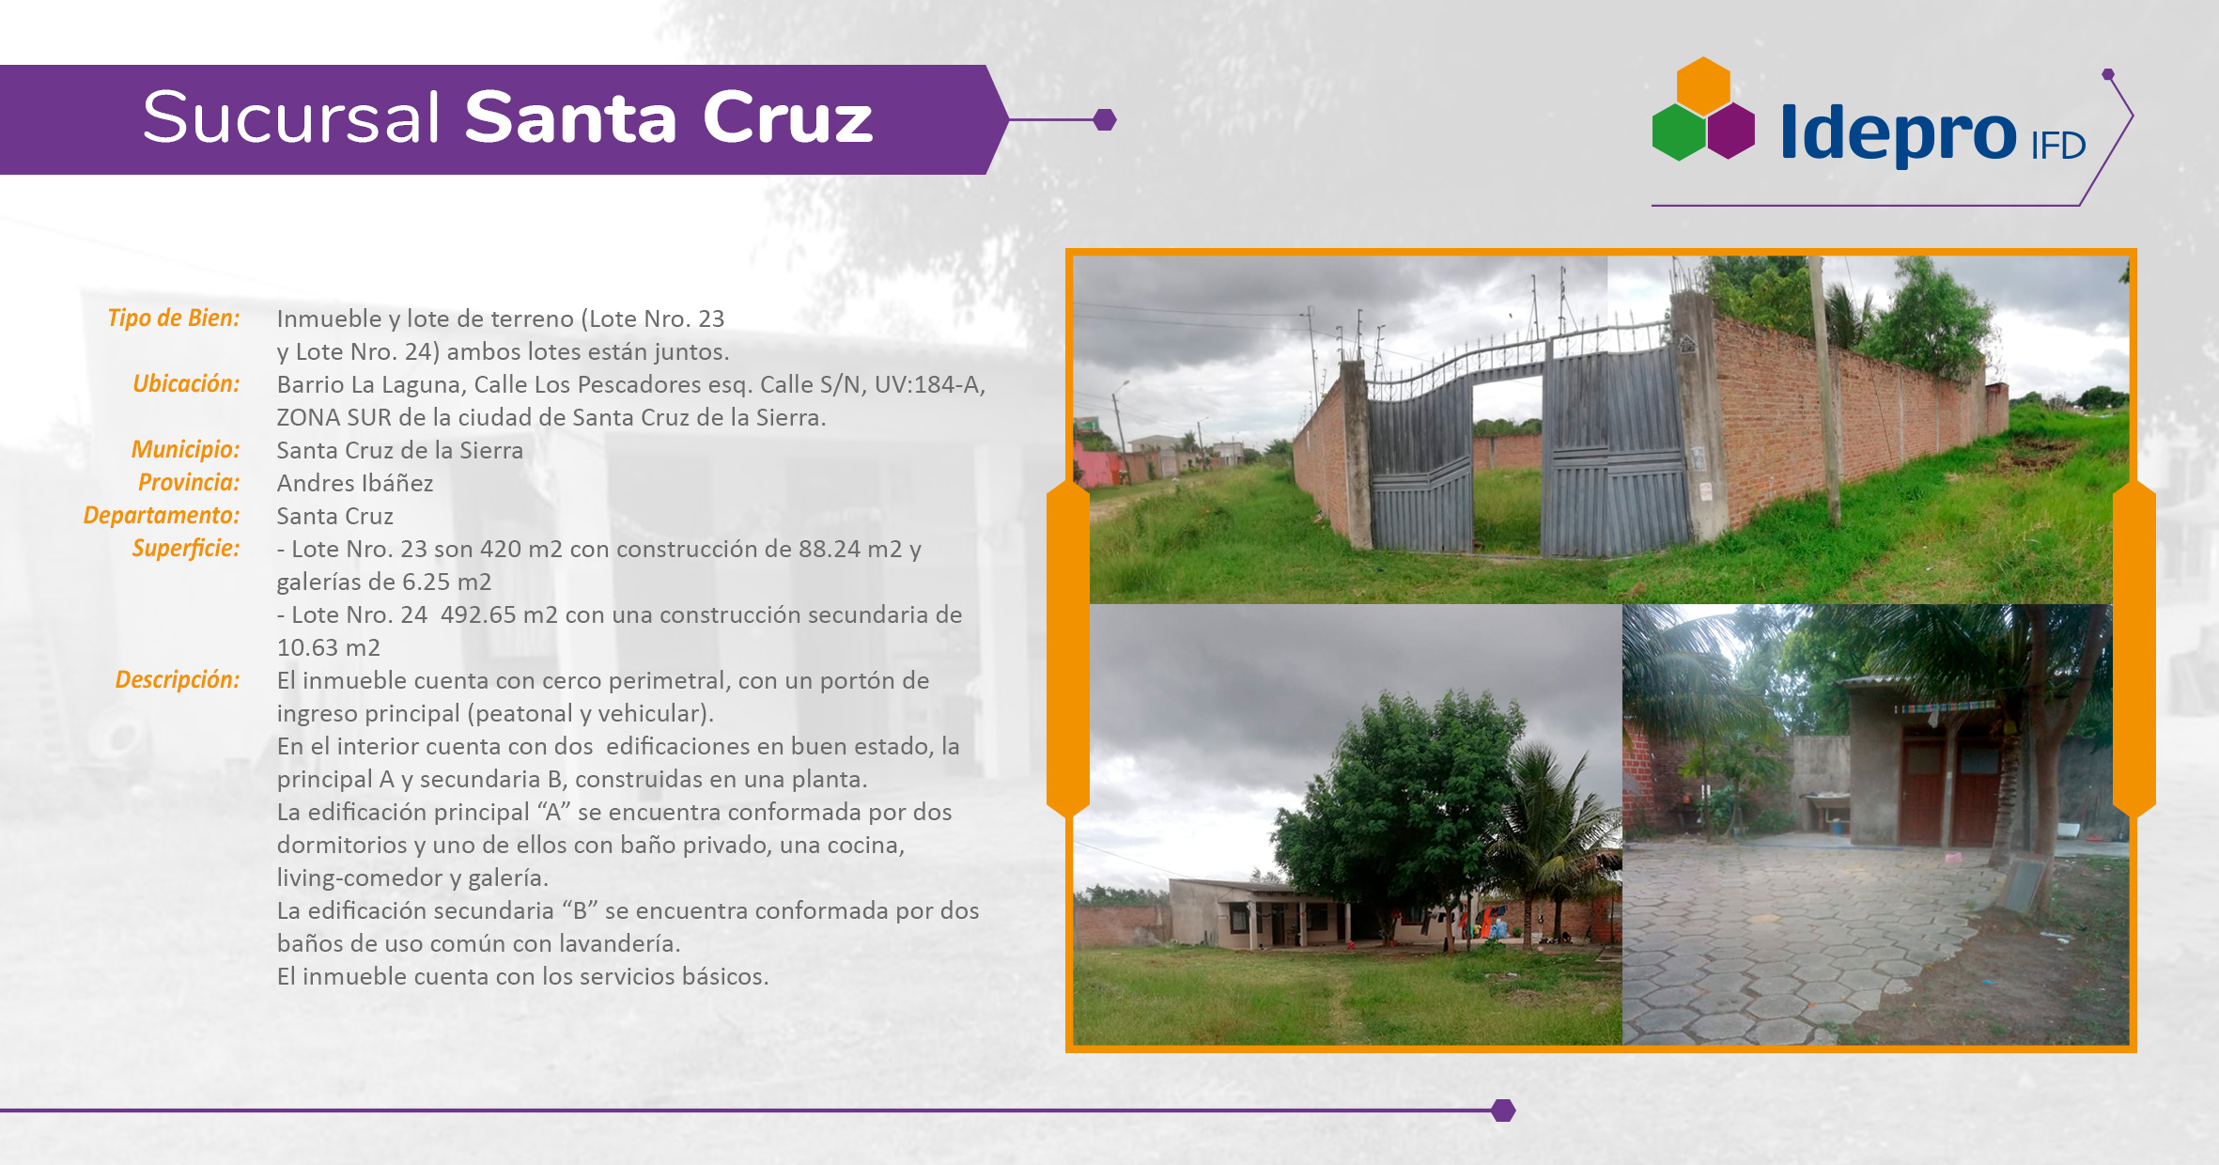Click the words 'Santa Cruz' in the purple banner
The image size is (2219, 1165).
click(669, 117)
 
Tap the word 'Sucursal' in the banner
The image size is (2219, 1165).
click(291, 117)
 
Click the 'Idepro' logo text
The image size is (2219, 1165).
click(1898, 133)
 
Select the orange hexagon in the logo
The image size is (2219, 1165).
click(1703, 85)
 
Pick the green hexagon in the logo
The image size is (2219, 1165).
click(1679, 132)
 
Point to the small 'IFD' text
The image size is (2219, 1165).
click(2058, 146)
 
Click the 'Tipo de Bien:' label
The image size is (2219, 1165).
click(174, 318)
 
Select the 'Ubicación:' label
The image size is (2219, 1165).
click(186, 383)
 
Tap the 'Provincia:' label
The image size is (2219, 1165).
click(189, 482)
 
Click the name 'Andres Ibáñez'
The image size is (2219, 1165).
click(355, 483)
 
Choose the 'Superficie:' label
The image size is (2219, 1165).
click(186, 548)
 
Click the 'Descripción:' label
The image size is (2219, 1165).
click(178, 679)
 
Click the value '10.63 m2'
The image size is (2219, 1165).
click(329, 647)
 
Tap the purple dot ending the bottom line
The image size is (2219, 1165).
click(1503, 1111)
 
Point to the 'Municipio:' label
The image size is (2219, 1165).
click(186, 449)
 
